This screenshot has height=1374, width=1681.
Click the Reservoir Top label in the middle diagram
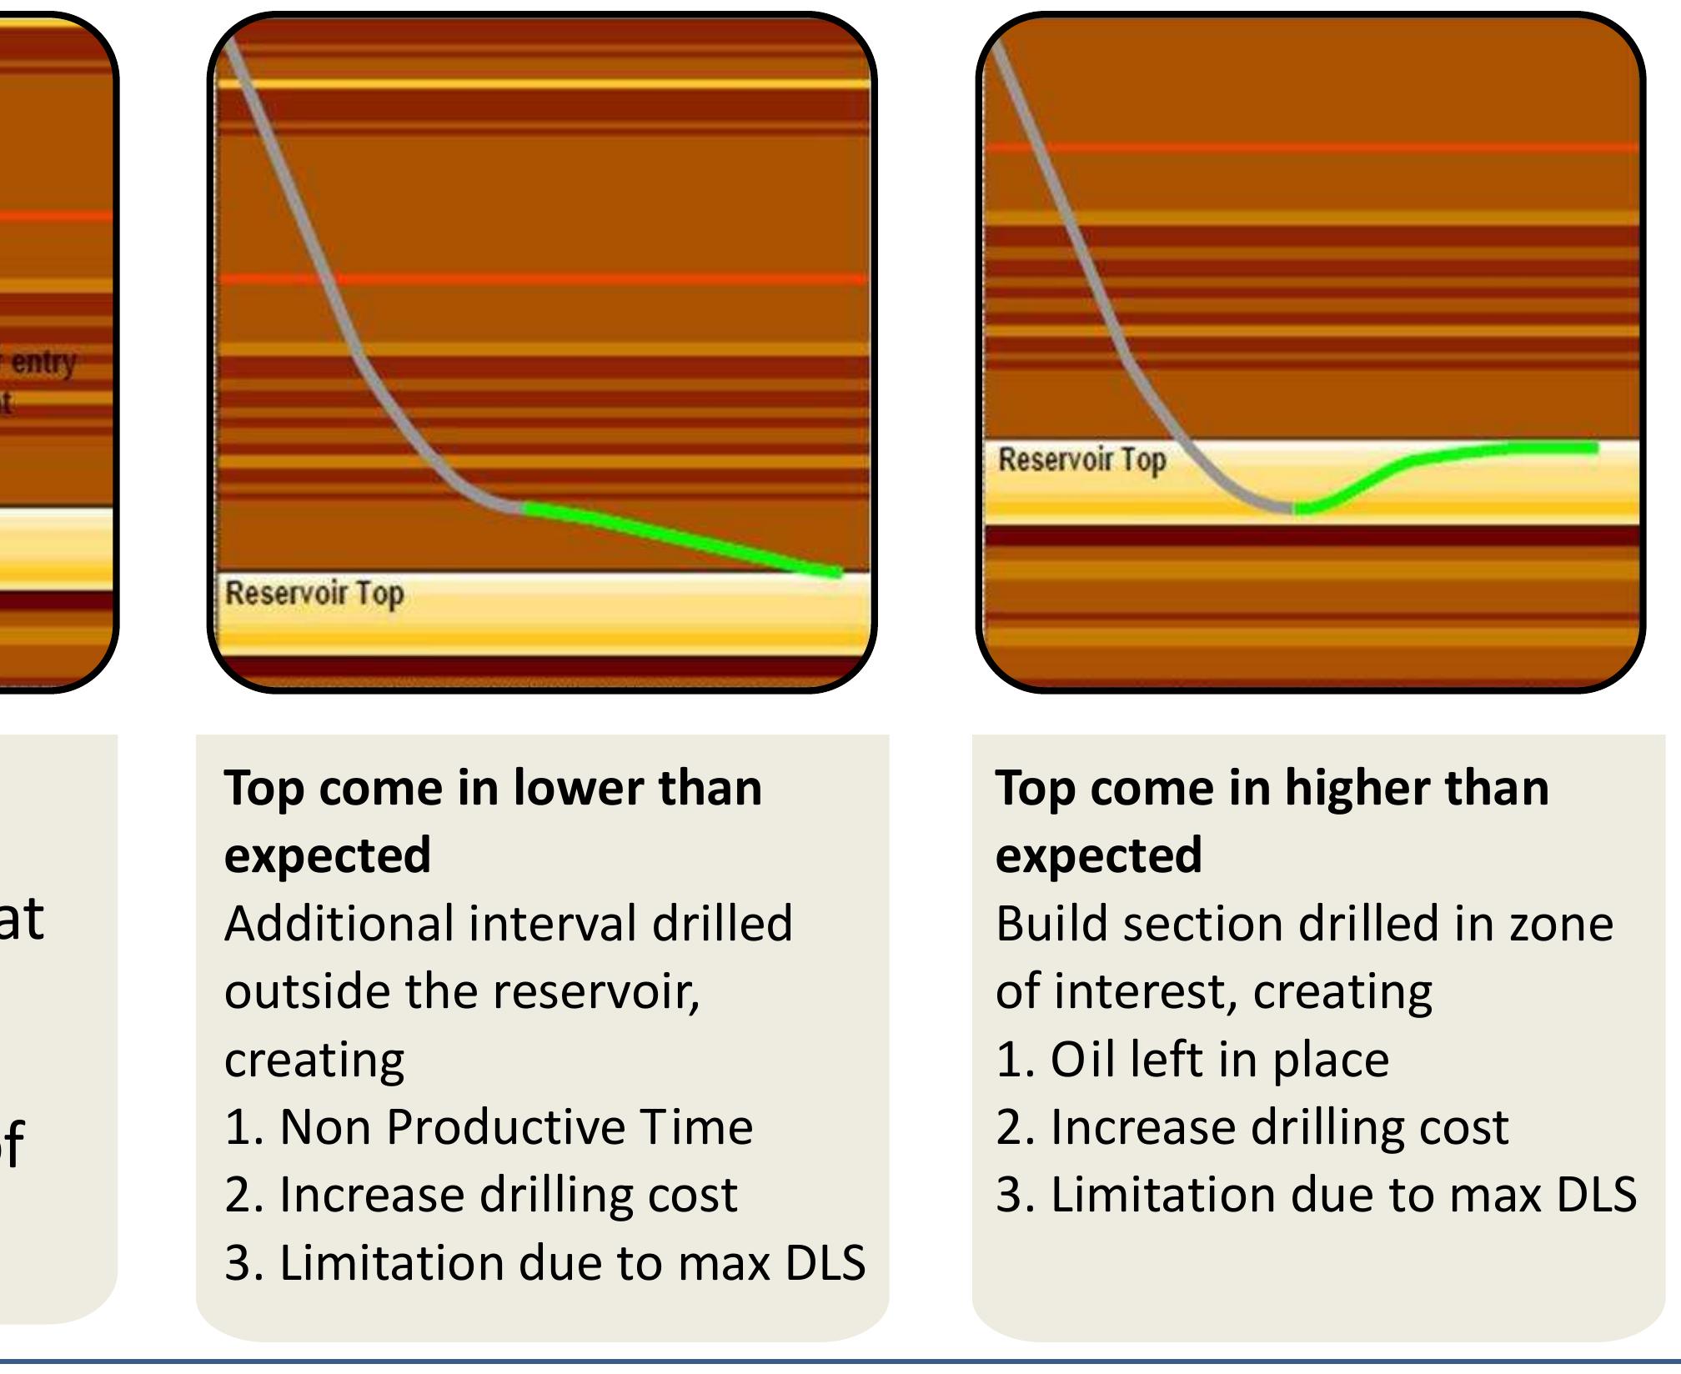point(314,594)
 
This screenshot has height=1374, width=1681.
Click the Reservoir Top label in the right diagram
point(1081,459)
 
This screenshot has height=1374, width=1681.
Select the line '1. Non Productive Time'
point(489,1126)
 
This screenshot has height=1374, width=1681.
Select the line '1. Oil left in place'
point(1192,1059)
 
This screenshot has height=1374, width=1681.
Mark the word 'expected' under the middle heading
point(328,855)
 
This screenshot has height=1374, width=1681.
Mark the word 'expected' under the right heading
point(1099,855)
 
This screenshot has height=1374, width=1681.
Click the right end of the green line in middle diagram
point(837,573)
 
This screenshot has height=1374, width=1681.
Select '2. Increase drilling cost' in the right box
point(1252,1126)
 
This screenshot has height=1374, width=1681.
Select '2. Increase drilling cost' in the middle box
point(481,1194)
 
